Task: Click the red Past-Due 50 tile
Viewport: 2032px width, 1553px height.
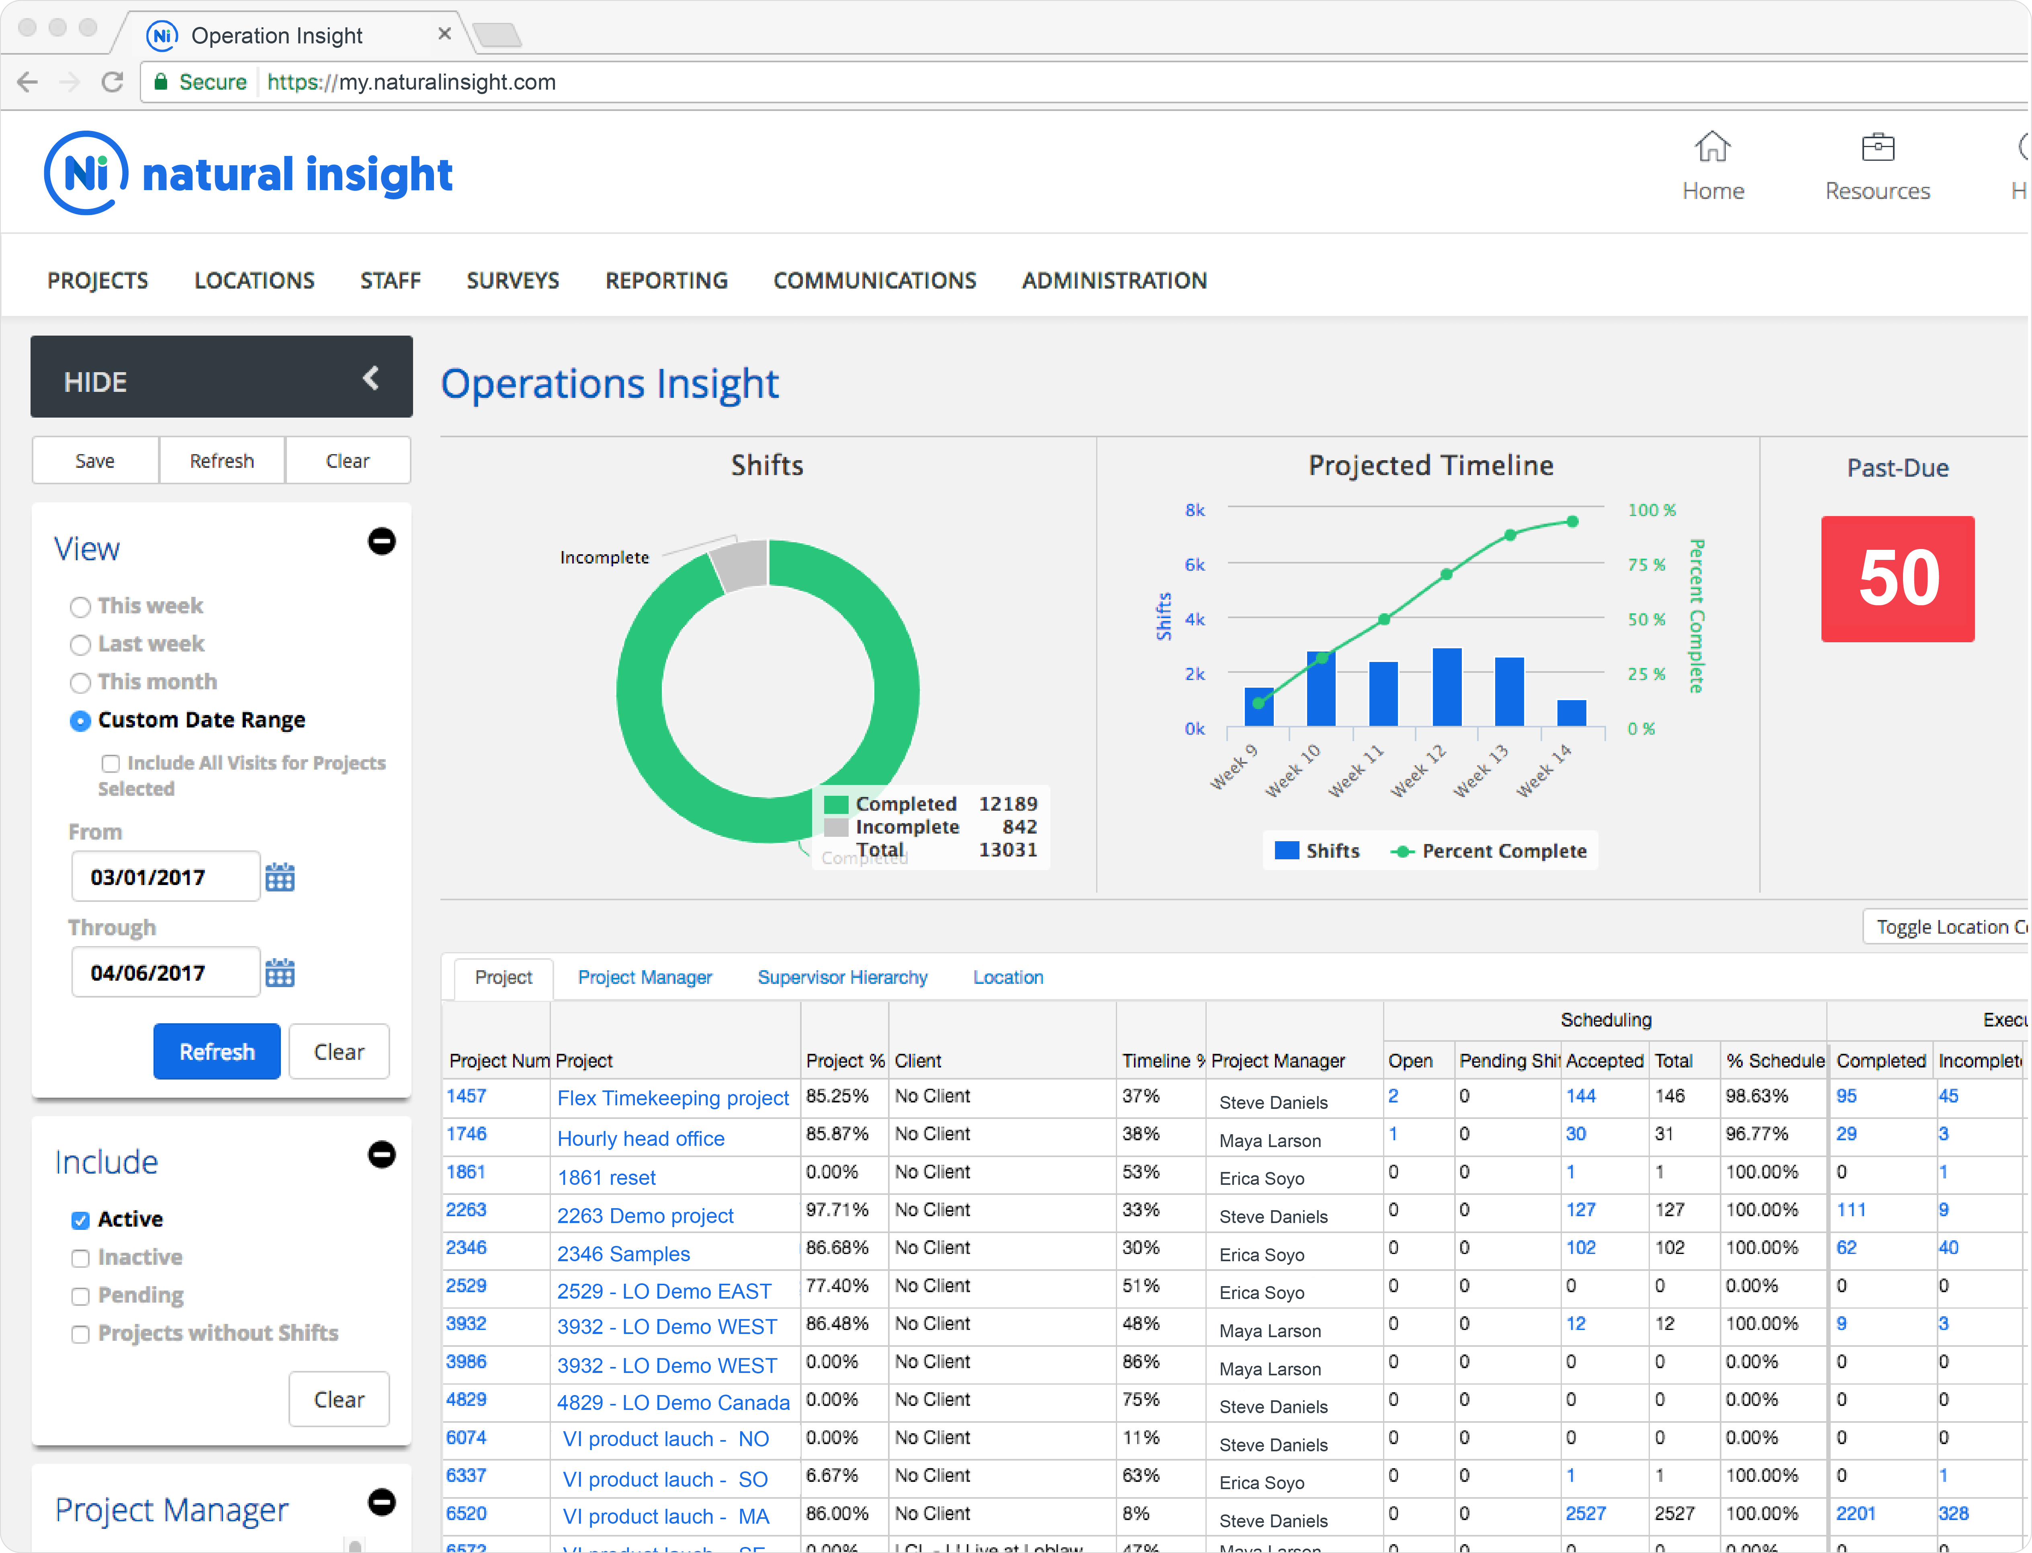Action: [1897, 579]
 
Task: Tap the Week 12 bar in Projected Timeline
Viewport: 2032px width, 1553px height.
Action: [1446, 687]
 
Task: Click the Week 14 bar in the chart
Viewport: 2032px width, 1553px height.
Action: [1571, 713]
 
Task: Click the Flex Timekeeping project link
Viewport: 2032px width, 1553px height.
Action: [673, 1098]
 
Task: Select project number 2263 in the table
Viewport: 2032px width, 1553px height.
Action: [466, 1210]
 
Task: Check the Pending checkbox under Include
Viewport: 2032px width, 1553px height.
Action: [80, 1296]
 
